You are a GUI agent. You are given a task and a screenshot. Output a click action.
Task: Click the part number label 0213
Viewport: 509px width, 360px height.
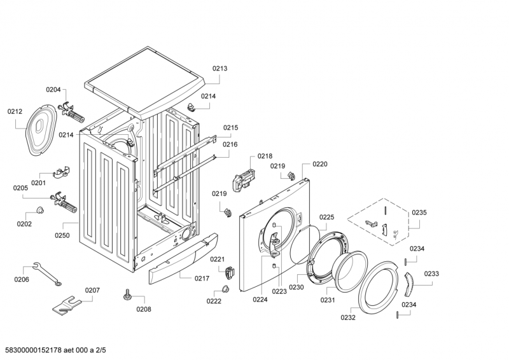(220, 68)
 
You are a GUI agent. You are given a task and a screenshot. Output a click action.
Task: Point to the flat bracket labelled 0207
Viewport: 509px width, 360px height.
(67, 303)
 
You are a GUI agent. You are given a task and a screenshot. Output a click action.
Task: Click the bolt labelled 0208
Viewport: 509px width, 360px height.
(128, 294)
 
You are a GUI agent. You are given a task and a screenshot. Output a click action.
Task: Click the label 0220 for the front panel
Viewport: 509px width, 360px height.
(319, 164)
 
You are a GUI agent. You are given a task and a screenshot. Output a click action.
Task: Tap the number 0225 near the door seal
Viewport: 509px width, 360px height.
(326, 217)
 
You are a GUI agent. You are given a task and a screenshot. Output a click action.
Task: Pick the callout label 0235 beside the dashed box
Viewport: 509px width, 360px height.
(419, 212)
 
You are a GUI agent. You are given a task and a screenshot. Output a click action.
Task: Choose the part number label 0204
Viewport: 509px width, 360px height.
(53, 90)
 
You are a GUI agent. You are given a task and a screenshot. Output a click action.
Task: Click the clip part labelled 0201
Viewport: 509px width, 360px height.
(61, 172)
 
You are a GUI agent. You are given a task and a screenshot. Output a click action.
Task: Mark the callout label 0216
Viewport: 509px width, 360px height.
(230, 144)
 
